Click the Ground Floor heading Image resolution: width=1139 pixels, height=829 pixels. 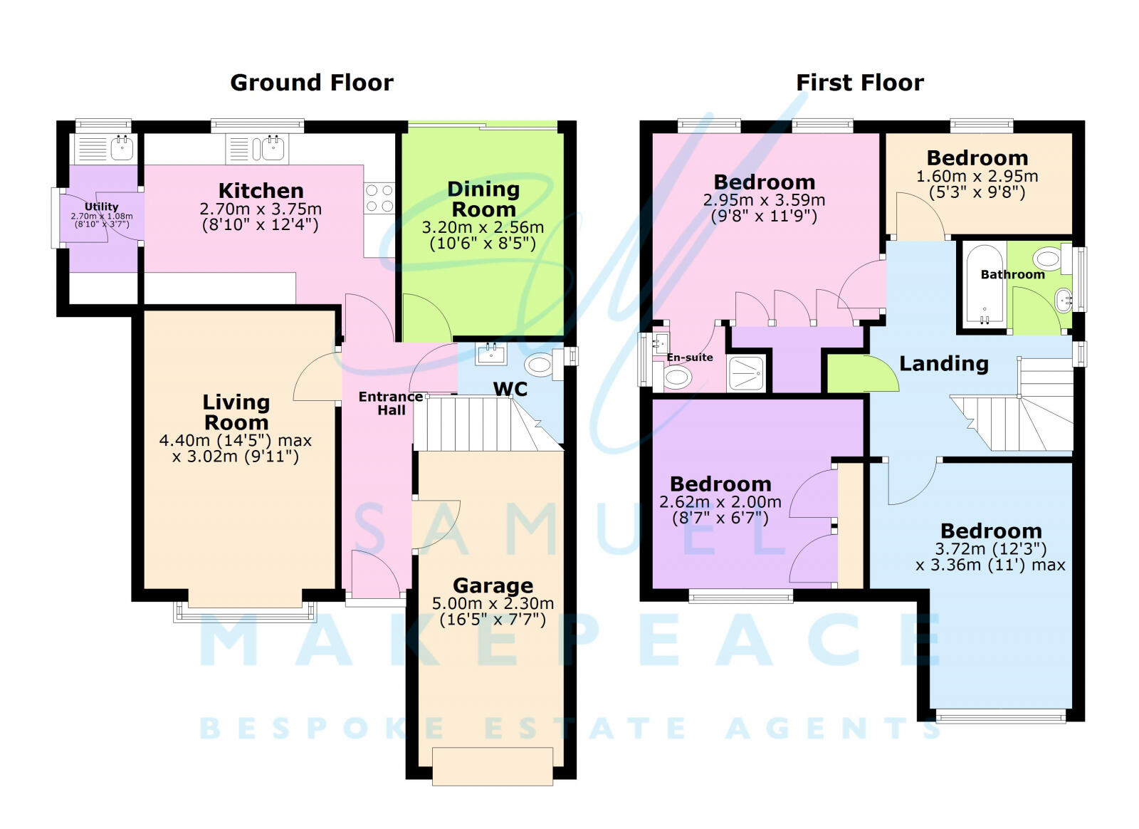[x=311, y=83]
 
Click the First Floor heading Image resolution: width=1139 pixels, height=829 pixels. [x=859, y=83]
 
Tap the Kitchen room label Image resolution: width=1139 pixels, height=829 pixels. [x=261, y=191]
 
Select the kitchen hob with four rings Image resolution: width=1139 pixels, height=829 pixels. [x=379, y=198]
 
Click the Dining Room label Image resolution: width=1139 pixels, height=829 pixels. [x=483, y=199]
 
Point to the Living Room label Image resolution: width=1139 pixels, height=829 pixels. [x=236, y=412]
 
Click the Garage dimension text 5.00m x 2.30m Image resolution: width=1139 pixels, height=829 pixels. [x=493, y=604]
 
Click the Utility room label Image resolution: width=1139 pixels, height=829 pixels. [x=101, y=207]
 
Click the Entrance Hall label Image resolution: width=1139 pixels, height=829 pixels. [x=390, y=403]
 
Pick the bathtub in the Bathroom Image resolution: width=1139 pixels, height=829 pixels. [x=985, y=285]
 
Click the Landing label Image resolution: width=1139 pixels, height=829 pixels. [x=943, y=364]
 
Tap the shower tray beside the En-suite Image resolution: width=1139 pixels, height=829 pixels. [x=747, y=372]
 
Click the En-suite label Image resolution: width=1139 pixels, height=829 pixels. [x=689, y=358]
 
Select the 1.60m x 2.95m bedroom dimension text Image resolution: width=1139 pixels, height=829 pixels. [x=977, y=176]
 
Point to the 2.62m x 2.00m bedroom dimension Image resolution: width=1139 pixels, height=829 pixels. [x=720, y=502]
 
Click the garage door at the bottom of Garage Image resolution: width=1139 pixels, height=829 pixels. [x=493, y=766]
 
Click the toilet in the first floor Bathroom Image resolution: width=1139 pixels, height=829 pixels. [x=1049, y=258]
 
